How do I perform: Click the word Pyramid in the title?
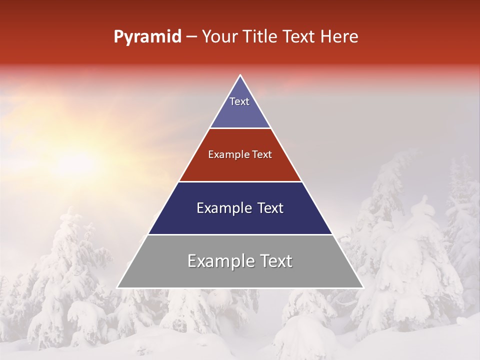[147, 37]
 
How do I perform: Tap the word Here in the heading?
[339, 36]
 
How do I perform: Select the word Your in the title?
[219, 36]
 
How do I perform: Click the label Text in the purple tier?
[239, 101]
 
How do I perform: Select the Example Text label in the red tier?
[240, 154]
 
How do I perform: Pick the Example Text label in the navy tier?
[240, 208]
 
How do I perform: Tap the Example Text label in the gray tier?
[240, 261]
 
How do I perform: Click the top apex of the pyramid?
[240, 76]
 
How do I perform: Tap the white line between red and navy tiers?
[240, 181]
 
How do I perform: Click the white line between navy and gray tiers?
[240, 234]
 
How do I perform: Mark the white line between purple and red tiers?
[240, 128]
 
